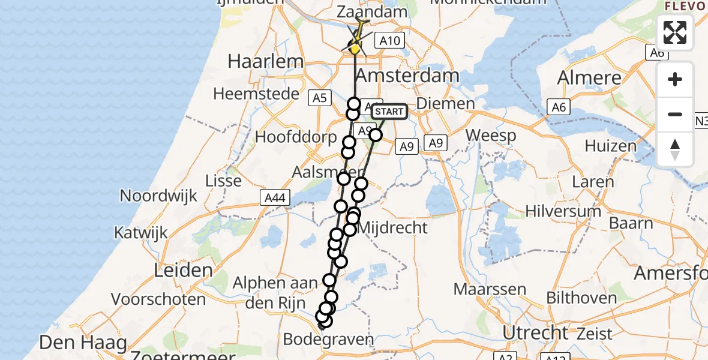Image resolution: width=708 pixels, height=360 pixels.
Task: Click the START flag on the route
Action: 389,112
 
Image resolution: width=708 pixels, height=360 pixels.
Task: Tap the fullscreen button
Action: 675,32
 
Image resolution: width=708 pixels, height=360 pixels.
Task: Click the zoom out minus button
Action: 675,114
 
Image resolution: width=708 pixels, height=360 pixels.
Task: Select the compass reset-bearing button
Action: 675,149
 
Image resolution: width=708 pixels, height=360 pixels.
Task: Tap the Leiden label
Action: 184,270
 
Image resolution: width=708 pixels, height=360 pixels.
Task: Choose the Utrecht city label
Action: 536,332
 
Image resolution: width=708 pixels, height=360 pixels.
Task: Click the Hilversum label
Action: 563,211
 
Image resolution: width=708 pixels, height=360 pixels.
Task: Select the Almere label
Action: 589,78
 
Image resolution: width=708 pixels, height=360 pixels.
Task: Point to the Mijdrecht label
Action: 392,228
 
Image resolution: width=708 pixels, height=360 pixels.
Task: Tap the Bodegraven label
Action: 336,340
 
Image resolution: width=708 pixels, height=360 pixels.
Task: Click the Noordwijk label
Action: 158,196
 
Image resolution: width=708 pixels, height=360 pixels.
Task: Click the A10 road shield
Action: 390,41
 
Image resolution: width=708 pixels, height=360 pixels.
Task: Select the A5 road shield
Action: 319,98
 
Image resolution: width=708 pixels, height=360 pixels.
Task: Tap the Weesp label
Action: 491,136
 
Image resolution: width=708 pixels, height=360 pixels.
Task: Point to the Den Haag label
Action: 83,343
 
